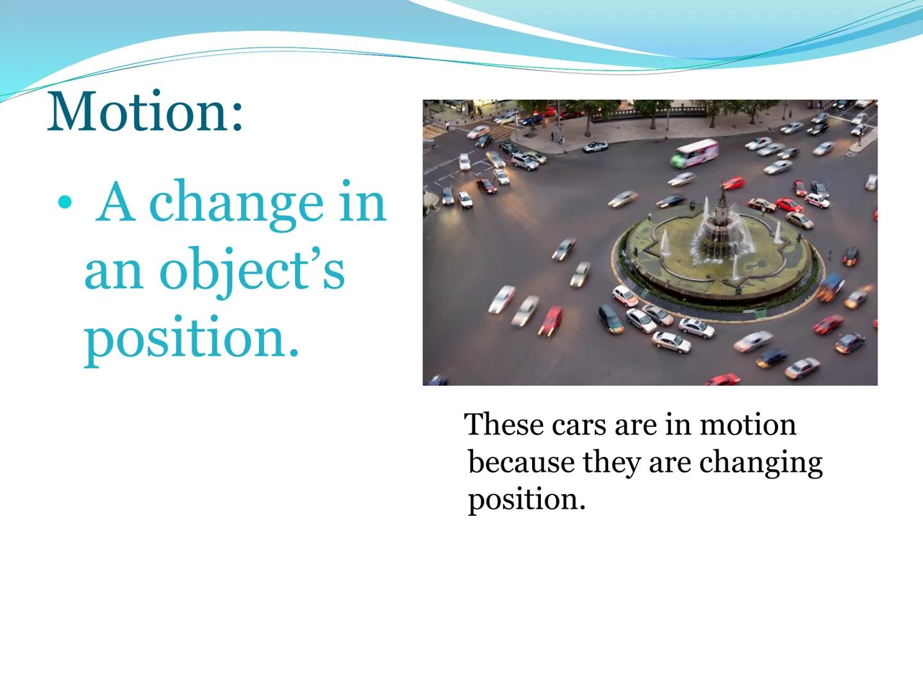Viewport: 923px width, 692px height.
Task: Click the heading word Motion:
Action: tap(145, 112)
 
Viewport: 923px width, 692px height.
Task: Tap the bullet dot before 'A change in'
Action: tap(63, 203)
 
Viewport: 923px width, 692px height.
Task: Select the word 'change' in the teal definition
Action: tap(236, 202)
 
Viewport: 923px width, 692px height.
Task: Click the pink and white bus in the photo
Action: tap(694, 152)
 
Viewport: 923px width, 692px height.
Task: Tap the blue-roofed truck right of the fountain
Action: tap(831, 286)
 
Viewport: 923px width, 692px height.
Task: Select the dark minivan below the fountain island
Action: tap(610, 318)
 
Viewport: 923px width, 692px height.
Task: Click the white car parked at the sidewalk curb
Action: tap(595, 146)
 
